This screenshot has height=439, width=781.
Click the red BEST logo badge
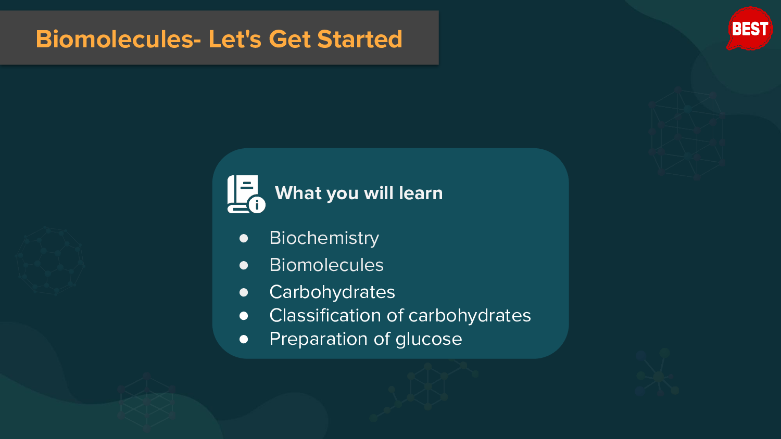[x=750, y=29]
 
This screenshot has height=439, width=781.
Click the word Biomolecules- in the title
[x=119, y=38]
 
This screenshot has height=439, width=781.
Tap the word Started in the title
[x=360, y=38]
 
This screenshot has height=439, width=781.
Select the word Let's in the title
[x=235, y=38]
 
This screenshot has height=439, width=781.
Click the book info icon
[x=246, y=194]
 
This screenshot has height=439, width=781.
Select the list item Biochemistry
[x=324, y=238]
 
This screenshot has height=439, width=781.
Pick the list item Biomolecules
[x=326, y=265]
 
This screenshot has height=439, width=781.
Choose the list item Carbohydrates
[x=332, y=292]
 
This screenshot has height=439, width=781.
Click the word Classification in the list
[x=325, y=315]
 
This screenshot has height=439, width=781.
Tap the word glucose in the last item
[x=429, y=339]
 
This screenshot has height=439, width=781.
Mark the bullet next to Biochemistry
[x=244, y=238]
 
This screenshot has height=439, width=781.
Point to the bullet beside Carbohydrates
[x=244, y=292]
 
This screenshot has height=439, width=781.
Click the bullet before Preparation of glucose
[x=244, y=339]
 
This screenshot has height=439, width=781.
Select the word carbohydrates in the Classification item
[x=470, y=315]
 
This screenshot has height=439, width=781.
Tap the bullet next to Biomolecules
[x=244, y=265]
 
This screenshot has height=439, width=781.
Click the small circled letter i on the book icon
[x=257, y=205]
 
